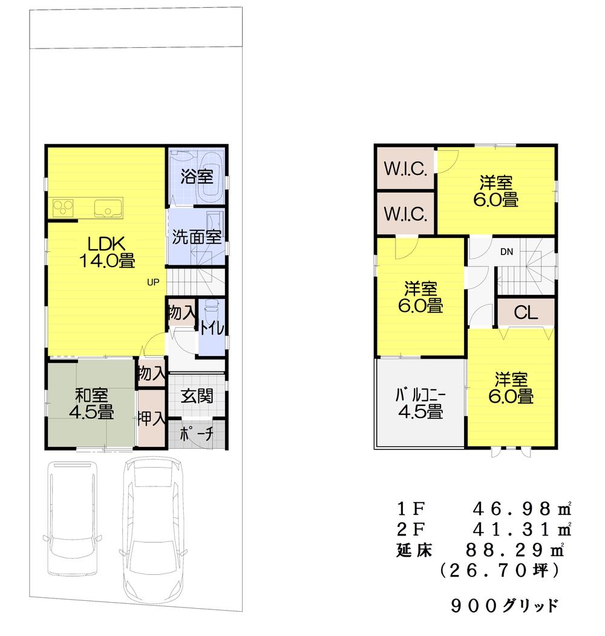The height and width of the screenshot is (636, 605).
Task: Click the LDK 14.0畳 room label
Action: coord(106,252)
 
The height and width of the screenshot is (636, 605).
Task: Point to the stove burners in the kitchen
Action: coord(64,208)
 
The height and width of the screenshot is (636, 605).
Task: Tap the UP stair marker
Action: coord(154,282)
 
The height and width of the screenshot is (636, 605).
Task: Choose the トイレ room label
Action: coord(213,328)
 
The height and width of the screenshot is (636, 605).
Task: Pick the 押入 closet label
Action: coord(151,419)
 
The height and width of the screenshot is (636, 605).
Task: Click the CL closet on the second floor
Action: coord(525,313)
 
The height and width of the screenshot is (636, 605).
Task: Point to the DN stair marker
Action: coord(506,252)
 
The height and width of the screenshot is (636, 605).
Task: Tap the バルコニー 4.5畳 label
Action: coord(420,403)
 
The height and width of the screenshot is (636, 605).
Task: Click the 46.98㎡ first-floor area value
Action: coord(521,508)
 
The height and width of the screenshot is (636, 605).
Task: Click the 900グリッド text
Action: coord(505,605)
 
